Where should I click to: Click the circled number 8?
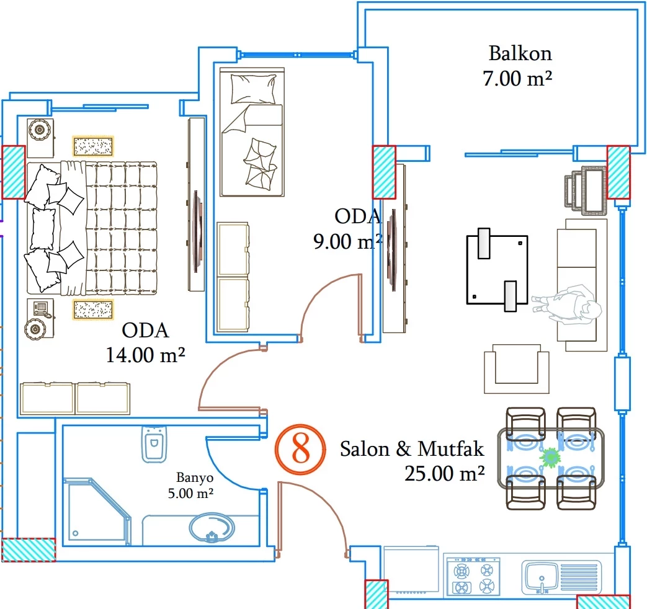[x=300, y=449]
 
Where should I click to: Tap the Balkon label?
[x=520, y=53]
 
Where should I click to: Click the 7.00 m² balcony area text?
[x=517, y=79]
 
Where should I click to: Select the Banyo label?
[x=195, y=478]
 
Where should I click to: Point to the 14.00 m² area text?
[x=146, y=355]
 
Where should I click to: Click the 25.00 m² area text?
[x=444, y=474]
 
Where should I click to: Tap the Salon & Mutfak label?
[x=411, y=448]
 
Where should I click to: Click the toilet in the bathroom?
[x=154, y=443]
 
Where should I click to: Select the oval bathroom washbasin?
[x=212, y=529]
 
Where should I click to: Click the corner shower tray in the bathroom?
[x=96, y=512]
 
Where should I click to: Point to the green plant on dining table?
[x=550, y=458]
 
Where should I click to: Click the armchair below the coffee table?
[x=516, y=370]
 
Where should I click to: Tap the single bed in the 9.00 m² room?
[x=252, y=133]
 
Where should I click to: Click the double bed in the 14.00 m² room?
[x=92, y=228]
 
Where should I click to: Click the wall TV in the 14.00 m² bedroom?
[x=197, y=231]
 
